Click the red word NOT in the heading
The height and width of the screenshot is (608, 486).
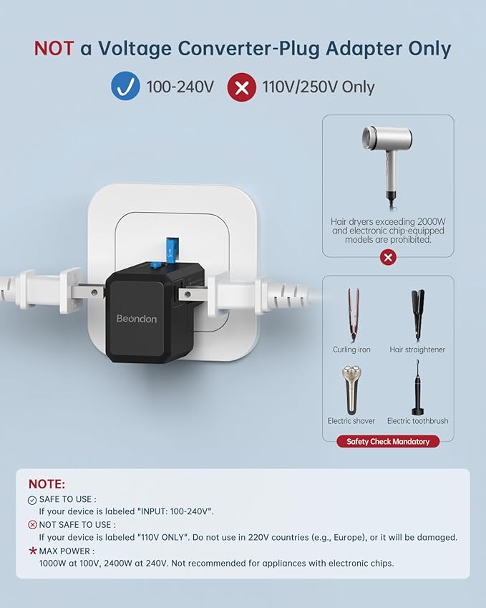[54, 49]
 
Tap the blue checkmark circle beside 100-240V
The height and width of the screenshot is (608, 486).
[125, 86]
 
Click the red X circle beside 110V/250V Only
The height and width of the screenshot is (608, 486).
[241, 87]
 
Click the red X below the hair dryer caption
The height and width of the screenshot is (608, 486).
[388, 257]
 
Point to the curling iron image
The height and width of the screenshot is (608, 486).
[352, 314]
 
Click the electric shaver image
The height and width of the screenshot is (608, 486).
[351, 390]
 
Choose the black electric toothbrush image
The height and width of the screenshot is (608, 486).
[417, 387]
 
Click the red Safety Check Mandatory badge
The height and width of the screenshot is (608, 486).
[388, 441]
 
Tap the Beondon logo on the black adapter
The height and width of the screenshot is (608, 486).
[137, 319]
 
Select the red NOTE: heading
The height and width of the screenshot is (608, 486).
[47, 484]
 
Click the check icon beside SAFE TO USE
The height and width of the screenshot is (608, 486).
[32, 500]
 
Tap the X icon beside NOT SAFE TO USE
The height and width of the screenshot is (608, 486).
[32, 525]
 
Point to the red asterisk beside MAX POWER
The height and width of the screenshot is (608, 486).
[33, 551]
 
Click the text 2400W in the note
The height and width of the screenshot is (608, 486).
[116, 563]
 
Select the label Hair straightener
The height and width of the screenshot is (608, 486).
[417, 349]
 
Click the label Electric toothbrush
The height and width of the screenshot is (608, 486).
[417, 420]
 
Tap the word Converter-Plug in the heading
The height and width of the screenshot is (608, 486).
[248, 49]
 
